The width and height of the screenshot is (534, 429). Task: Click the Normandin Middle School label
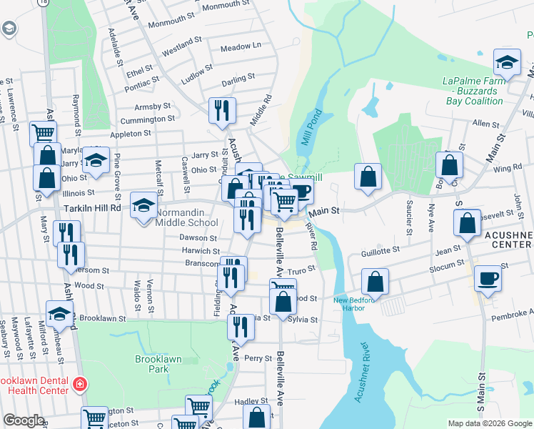click(x=188, y=217)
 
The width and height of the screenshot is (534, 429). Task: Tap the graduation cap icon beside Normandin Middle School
click(x=144, y=206)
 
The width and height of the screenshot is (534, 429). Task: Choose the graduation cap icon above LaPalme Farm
click(x=507, y=64)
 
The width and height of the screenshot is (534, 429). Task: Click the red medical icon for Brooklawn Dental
click(x=79, y=385)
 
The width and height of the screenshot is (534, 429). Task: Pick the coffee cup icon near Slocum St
click(x=489, y=278)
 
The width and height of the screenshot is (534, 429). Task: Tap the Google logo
click(x=24, y=420)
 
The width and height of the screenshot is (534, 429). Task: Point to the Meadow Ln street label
click(x=241, y=46)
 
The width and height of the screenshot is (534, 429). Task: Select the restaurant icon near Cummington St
click(x=222, y=111)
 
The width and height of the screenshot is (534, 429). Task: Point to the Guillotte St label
click(x=380, y=251)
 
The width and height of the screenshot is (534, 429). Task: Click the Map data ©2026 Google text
click(x=489, y=423)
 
